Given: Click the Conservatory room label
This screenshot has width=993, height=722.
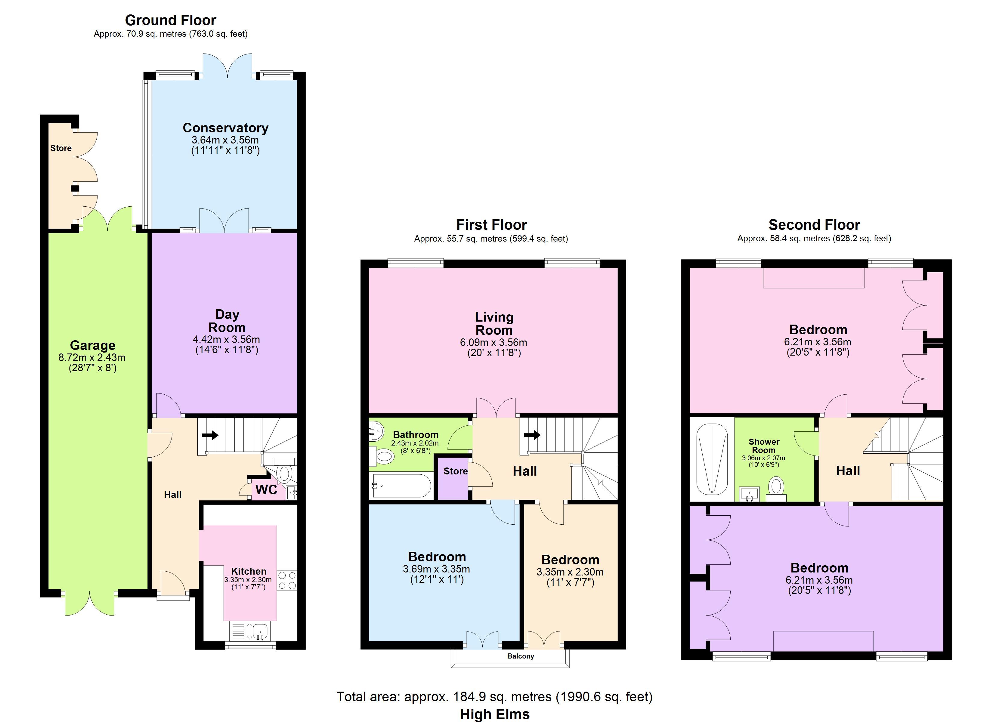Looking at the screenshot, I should click(225, 128).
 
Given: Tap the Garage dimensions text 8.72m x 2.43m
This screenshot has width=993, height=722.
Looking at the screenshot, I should click(92, 357).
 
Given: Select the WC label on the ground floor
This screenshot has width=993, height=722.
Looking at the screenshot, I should click(266, 489).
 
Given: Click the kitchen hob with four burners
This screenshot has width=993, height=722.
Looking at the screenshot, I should click(287, 580).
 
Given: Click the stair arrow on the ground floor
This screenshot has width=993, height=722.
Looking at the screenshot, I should click(210, 435).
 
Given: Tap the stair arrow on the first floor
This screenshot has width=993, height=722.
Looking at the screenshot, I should click(532, 435).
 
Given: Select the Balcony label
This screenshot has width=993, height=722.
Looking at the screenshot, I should click(521, 656).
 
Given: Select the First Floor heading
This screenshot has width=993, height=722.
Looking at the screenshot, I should click(491, 225).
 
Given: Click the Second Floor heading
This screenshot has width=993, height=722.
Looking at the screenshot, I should click(814, 225).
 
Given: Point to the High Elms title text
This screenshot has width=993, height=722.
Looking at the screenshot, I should click(494, 714).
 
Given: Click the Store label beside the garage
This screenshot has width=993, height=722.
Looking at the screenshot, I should click(61, 148).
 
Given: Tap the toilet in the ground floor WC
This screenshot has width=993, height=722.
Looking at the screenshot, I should click(284, 473).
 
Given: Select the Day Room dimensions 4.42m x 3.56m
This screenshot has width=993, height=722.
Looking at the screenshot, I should click(226, 339).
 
